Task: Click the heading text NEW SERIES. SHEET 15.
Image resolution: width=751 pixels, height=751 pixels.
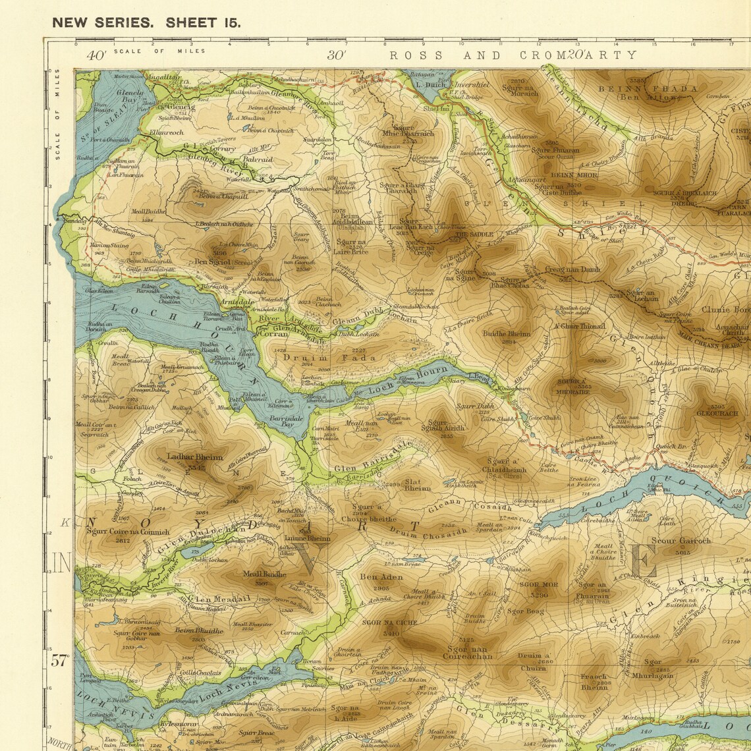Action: (146, 22)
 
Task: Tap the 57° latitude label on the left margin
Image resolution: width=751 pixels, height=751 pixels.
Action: (60, 660)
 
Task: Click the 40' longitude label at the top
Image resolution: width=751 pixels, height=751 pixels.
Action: (96, 56)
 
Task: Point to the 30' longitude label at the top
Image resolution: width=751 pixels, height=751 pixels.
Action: (337, 56)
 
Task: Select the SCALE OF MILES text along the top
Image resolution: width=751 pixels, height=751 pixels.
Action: (159, 51)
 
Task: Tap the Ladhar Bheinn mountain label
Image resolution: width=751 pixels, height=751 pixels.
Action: (195, 457)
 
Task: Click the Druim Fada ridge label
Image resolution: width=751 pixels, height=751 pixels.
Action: (330, 358)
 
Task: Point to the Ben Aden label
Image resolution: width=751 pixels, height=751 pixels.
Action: (381, 577)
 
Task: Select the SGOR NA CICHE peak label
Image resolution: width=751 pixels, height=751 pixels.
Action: (389, 623)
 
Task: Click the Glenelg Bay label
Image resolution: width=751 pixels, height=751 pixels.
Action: (129, 97)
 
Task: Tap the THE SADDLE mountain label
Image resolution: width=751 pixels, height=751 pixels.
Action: (474, 234)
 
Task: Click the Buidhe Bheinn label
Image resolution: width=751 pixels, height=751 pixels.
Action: (506, 334)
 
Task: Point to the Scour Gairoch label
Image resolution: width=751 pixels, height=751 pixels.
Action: (681, 541)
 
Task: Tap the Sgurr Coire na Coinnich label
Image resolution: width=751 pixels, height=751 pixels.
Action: (128, 532)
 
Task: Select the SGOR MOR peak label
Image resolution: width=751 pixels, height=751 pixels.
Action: (538, 584)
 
